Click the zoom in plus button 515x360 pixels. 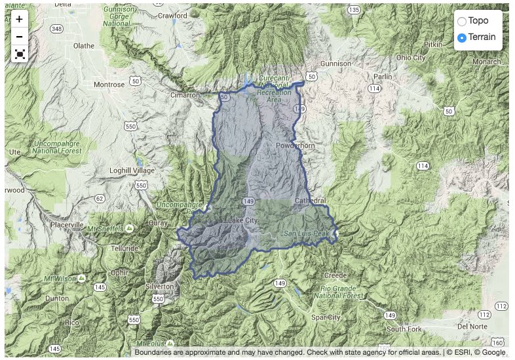(x=20, y=20)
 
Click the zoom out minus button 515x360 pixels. (x=20, y=37)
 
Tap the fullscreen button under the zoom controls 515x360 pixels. (x=20, y=54)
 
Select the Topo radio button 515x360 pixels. (x=462, y=22)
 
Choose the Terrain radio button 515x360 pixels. (x=462, y=38)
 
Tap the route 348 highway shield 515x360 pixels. (x=57, y=28)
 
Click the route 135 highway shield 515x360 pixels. (x=354, y=10)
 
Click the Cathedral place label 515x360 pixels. (x=311, y=200)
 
